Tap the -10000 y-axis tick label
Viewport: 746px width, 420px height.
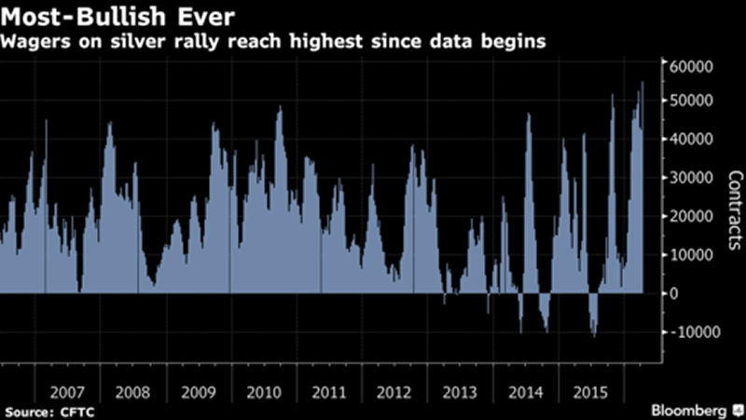tap(690, 332)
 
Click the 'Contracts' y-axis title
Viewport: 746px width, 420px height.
tap(734, 213)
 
